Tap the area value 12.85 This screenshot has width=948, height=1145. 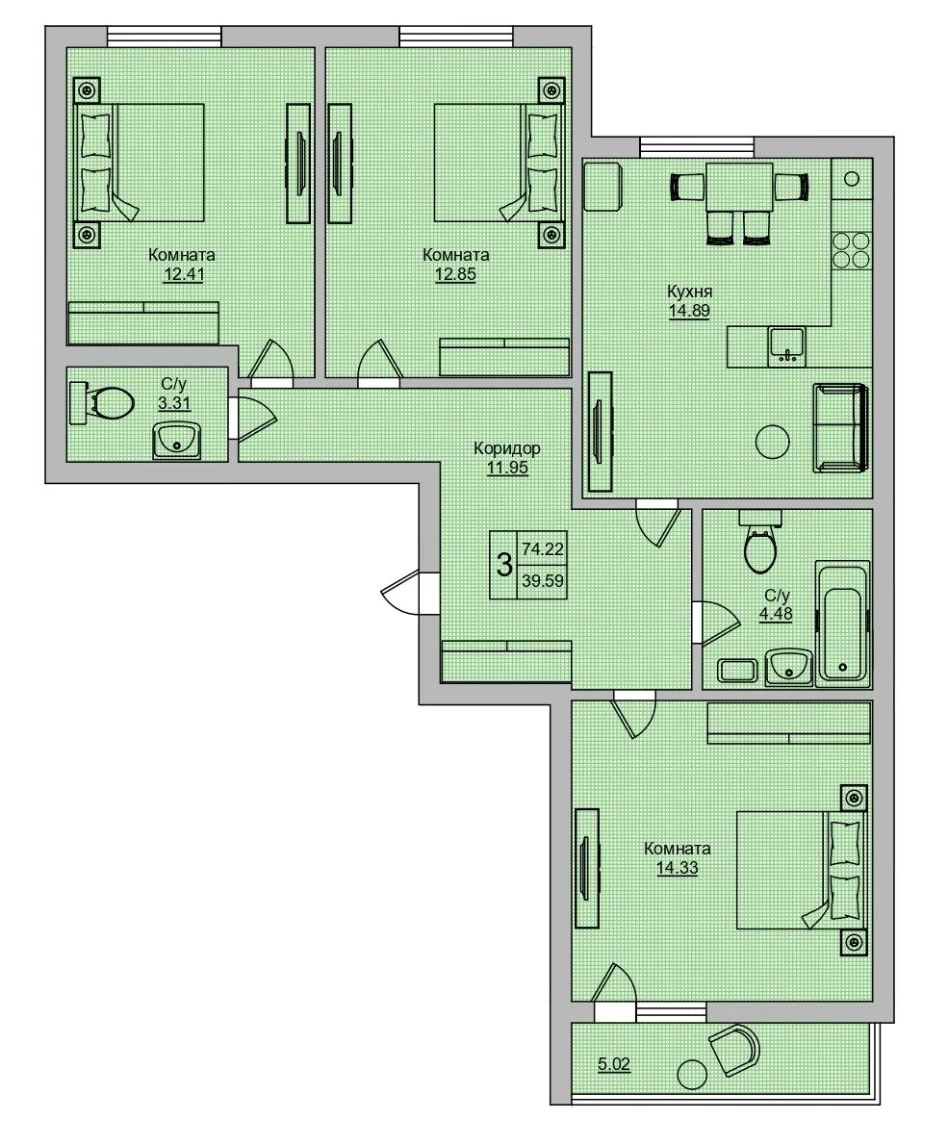tap(456, 274)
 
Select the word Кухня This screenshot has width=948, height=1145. tap(689, 292)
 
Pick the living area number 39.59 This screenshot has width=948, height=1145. tap(543, 581)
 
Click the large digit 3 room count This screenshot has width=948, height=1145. tap(504, 565)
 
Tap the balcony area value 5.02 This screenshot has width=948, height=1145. tap(613, 1064)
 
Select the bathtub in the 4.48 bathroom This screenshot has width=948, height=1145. tap(843, 622)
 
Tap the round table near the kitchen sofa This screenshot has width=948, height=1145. tap(772, 442)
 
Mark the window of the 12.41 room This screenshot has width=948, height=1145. tap(165, 37)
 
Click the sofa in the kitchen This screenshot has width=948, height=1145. tap(841, 428)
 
